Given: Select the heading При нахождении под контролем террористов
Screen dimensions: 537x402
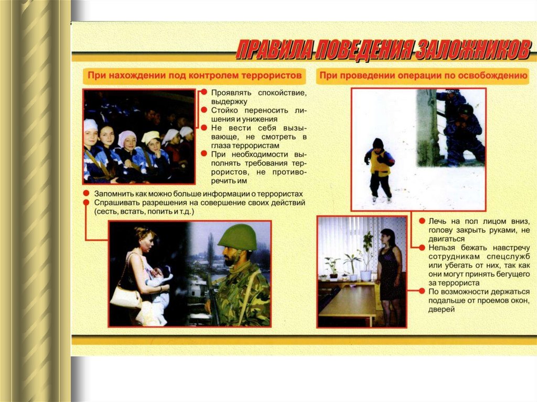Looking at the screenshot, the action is [x=195, y=75].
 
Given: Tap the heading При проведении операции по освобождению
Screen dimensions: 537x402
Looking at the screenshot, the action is [x=423, y=75].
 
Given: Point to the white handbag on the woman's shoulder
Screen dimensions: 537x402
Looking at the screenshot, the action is [x=126, y=296].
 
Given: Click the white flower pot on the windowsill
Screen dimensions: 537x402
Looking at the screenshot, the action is [x=366, y=275].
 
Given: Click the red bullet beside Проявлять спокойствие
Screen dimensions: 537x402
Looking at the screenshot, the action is [x=204, y=92].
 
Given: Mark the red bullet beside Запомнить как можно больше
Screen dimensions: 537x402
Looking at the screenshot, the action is [x=87, y=194].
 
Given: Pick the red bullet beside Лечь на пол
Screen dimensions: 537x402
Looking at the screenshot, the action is [x=422, y=221].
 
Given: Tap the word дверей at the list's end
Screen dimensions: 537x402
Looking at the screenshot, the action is [x=442, y=310].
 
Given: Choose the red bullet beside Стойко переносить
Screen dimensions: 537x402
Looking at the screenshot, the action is [x=204, y=110].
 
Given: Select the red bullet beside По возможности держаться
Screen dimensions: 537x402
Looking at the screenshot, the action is [x=422, y=291].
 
